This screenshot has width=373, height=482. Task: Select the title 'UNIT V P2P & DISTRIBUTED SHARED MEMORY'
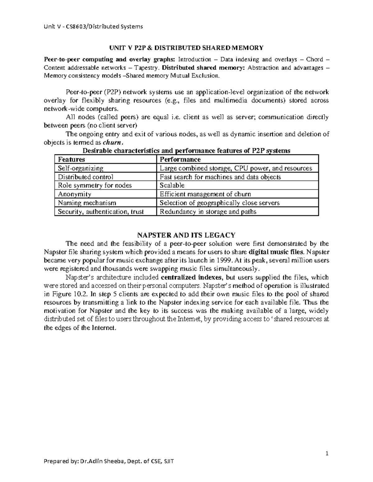tap(186, 48)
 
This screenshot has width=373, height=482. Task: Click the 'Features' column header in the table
tap(71, 160)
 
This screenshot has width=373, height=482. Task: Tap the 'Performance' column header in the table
tap(180, 160)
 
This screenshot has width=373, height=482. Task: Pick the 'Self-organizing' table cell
tap(81, 168)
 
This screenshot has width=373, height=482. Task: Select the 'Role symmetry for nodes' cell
tap(95, 186)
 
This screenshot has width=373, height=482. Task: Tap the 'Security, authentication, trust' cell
tap(101, 212)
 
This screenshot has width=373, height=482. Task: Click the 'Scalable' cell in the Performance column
tap(172, 186)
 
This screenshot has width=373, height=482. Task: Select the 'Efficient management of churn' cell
tap(205, 194)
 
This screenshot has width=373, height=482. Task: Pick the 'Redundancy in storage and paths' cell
tap(208, 212)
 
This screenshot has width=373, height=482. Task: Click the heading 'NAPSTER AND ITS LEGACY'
tap(186, 235)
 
